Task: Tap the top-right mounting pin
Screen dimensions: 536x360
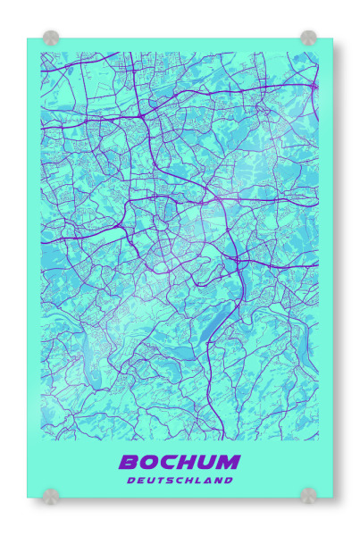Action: click(x=308, y=38)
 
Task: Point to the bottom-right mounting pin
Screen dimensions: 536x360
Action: click(x=308, y=494)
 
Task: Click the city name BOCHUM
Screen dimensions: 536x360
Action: click(x=180, y=462)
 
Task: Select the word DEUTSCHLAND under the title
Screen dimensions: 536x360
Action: click(x=180, y=480)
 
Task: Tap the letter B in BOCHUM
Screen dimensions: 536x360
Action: click(x=130, y=462)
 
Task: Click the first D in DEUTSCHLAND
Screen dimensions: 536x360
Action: click(x=131, y=480)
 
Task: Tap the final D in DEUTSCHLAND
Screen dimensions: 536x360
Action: click(x=229, y=480)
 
